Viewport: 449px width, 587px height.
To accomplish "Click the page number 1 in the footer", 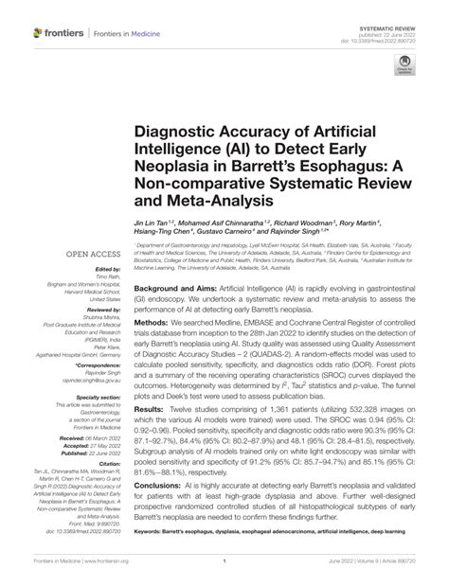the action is (x=224, y=574).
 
